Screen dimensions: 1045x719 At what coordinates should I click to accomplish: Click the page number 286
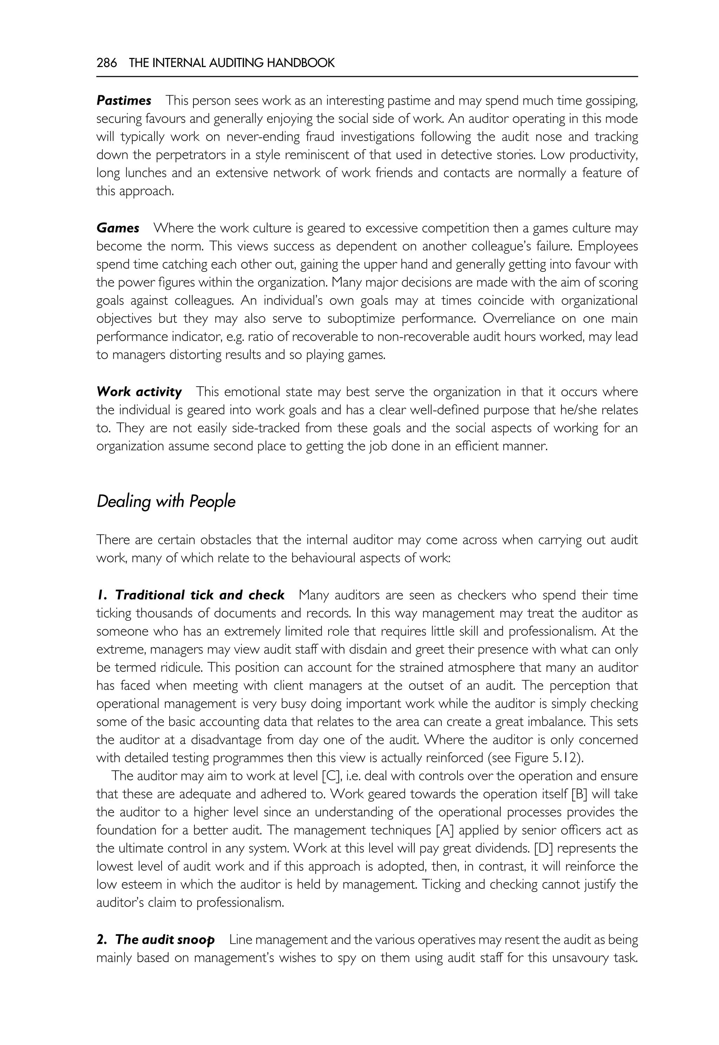pyautogui.click(x=106, y=63)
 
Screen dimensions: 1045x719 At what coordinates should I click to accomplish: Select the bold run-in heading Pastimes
pyautogui.click(x=124, y=100)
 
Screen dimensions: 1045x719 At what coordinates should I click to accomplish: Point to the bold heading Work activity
pyautogui.click(x=139, y=392)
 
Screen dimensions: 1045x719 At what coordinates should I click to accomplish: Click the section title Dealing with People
pyautogui.click(x=166, y=501)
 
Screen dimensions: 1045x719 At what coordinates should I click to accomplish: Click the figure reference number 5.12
pyautogui.click(x=567, y=758)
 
